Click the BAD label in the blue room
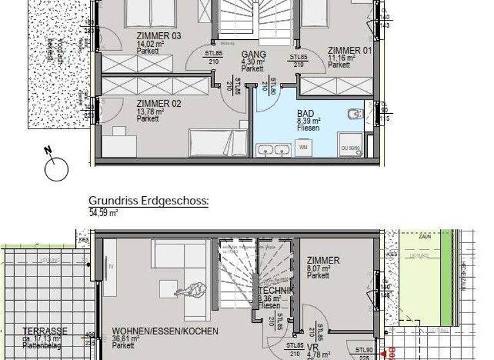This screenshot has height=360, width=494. [305, 112]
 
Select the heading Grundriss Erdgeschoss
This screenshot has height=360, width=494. [149, 201]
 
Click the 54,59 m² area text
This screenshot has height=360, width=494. [104, 212]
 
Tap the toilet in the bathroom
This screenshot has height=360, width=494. [354, 116]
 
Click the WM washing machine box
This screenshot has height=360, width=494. [303, 147]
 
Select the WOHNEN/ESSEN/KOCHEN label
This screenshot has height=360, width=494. [165, 331]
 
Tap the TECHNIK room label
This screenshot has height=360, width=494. [277, 291]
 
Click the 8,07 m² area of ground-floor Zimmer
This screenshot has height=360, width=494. [319, 269]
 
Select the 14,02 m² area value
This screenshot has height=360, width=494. [150, 44]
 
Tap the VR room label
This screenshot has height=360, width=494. [313, 345]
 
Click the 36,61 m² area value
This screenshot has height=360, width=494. [125, 339]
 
